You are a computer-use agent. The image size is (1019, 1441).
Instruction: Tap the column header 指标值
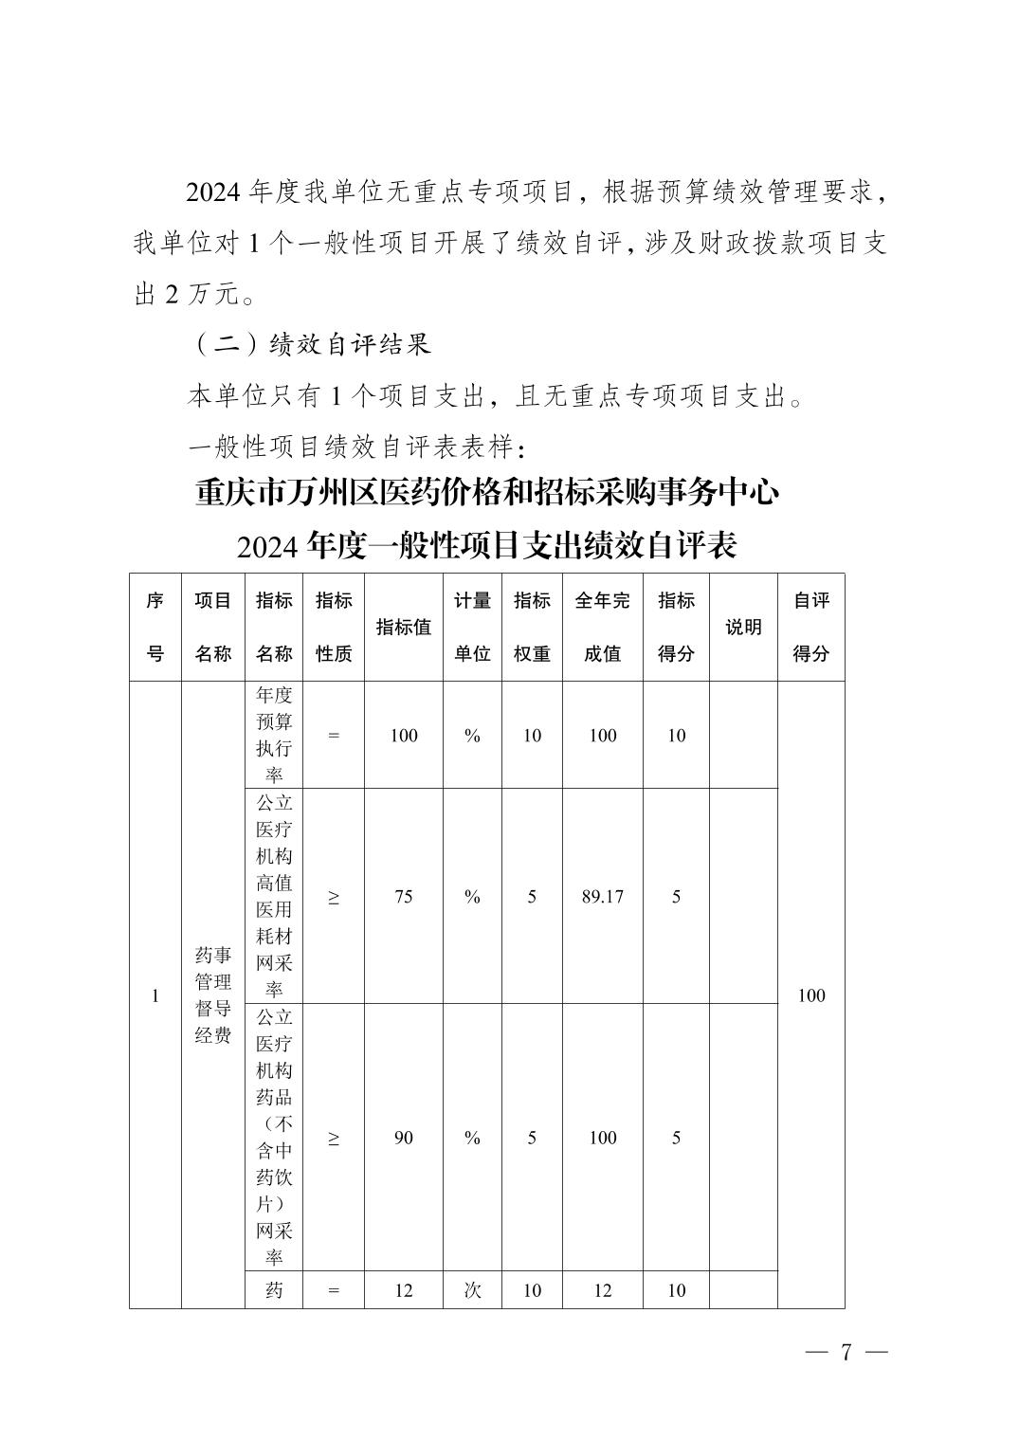coord(404,627)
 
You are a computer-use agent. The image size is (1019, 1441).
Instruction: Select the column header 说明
coord(743,627)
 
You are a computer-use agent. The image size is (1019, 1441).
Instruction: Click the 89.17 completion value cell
coord(603,897)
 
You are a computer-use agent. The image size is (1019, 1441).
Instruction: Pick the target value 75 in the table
coord(404,897)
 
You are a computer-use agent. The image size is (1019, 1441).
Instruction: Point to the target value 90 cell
coord(404,1138)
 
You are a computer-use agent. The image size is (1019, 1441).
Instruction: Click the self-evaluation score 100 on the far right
coord(811,995)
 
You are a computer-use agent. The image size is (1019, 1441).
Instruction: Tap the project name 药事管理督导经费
coord(213,995)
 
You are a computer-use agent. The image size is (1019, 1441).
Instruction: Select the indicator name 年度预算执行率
coord(274,735)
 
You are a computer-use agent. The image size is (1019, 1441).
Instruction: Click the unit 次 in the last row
coord(472,1290)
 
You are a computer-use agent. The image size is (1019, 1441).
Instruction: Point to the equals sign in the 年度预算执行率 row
coord(334,735)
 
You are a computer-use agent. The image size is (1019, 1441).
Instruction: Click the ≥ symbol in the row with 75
coord(334,897)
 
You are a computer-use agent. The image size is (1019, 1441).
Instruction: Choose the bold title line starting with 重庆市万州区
coord(487,493)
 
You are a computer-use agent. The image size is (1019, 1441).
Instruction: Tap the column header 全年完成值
coord(603,627)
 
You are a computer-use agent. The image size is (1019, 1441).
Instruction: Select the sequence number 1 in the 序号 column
coord(155,995)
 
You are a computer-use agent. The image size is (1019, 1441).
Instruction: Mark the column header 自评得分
coord(811,627)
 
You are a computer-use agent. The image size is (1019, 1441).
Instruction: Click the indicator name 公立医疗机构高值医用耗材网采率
coord(274,896)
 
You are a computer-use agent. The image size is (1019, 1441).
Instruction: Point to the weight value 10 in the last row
coord(532,1290)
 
